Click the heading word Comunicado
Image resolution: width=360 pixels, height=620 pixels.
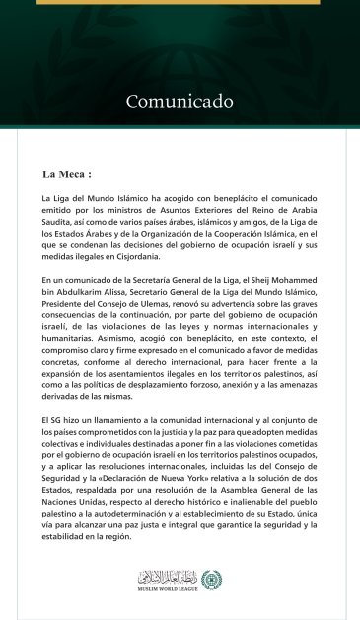click(x=180, y=102)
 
